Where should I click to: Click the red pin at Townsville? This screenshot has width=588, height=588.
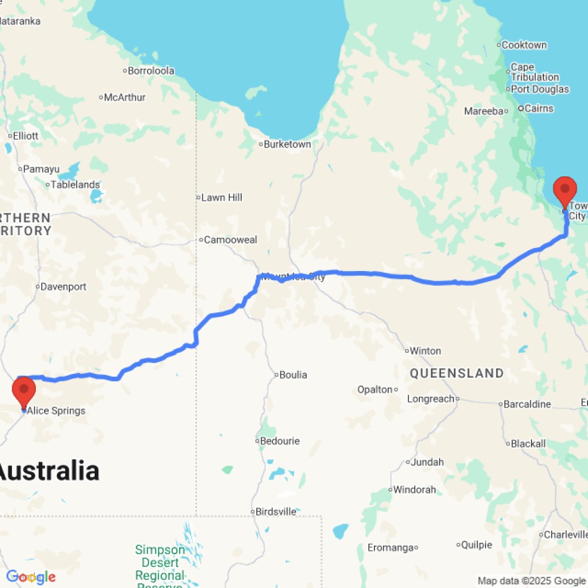click(565, 192)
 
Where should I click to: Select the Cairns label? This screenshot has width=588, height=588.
click(539, 108)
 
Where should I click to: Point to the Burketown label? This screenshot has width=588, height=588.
click(287, 144)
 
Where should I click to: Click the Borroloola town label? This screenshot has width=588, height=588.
click(151, 71)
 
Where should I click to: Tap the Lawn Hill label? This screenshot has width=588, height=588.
click(221, 198)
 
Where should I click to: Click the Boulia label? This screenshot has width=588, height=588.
click(293, 375)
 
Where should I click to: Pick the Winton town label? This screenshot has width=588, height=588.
click(425, 351)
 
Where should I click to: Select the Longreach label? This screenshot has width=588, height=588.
click(431, 399)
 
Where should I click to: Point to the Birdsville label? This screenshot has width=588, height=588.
click(276, 512)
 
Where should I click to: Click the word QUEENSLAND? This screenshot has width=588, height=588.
click(457, 373)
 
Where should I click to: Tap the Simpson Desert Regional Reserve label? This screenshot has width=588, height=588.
click(159, 563)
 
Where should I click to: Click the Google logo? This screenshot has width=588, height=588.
click(30, 577)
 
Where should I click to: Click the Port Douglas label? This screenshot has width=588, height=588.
click(540, 89)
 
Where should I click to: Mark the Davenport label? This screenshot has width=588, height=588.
click(64, 287)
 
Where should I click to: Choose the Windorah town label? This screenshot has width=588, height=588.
click(415, 489)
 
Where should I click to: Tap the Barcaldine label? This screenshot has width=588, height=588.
click(527, 404)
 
